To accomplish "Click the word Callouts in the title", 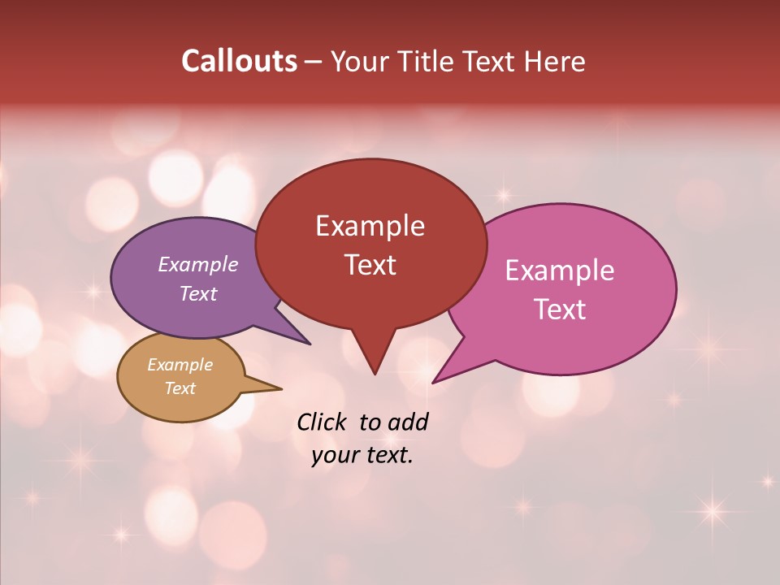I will [239, 61].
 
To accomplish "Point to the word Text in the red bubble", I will [370, 264].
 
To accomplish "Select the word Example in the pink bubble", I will [560, 271].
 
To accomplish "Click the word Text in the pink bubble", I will [560, 309].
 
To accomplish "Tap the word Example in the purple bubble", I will [197, 264].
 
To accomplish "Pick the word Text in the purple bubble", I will [197, 293].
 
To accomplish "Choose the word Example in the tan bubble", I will [180, 365].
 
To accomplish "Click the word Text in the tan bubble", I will [180, 388].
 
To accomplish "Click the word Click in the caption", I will [323, 422].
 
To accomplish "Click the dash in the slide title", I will [314, 62].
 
